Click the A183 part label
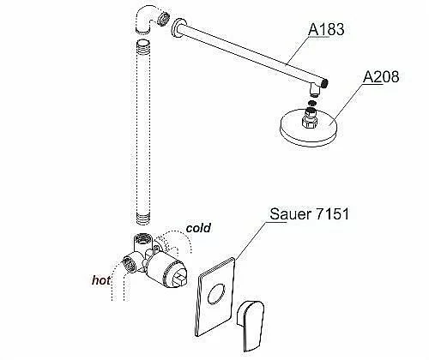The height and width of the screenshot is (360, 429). point(326,29)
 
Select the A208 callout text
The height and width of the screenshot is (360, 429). point(381,76)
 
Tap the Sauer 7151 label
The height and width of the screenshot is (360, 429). point(310,213)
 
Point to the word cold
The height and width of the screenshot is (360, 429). point(198,228)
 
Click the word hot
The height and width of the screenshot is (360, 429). point(101,280)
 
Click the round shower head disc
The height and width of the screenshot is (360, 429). point(309,129)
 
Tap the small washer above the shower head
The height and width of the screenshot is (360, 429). point(312,102)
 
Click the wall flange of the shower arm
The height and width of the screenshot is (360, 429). point(178,28)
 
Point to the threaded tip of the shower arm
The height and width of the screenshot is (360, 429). point(325,83)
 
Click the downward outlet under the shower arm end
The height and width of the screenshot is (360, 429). point(315,90)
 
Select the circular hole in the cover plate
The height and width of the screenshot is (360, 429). point(216,293)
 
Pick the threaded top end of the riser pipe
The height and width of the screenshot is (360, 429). point(142,45)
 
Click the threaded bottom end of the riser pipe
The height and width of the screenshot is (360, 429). point(142,219)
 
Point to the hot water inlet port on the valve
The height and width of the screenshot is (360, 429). point(130,264)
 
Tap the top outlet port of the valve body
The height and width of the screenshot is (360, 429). point(142,237)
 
